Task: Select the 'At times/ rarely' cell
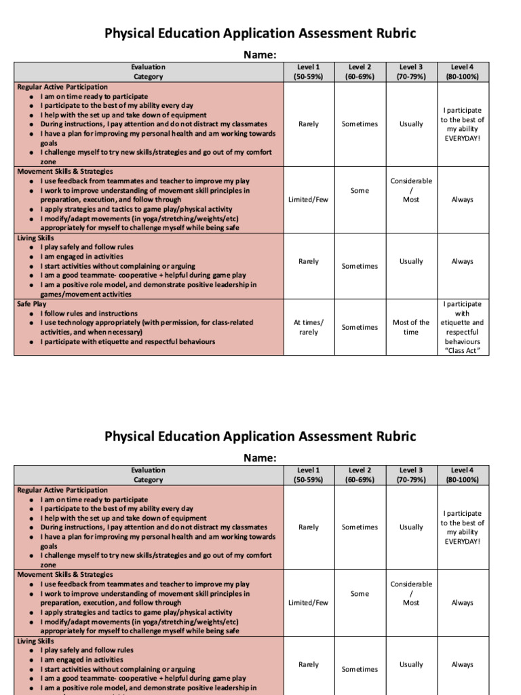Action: [x=308, y=327]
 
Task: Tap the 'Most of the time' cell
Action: [x=410, y=327]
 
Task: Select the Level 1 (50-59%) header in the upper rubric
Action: [x=308, y=72]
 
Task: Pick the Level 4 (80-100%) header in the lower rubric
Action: [x=462, y=474]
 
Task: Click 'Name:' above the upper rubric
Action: [x=260, y=55]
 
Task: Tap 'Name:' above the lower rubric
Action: [x=260, y=458]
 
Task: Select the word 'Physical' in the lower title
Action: [x=135, y=436]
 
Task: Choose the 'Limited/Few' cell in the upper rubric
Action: [x=308, y=200]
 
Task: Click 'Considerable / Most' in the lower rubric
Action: [x=410, y=593]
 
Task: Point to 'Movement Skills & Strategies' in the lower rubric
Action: [x=64, y=574]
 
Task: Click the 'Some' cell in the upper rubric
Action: [x=360, y=191]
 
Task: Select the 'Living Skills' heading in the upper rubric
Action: [x=35, y=238]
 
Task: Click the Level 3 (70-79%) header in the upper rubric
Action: [x=410, y=72]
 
